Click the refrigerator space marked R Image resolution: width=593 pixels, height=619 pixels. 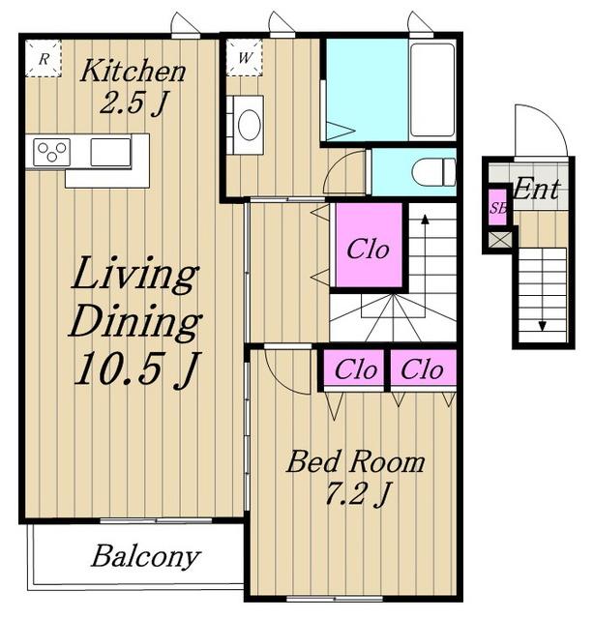[44, 58]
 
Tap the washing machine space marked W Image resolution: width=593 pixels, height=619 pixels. [245, 58]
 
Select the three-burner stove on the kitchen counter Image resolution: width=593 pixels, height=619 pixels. [51, 152]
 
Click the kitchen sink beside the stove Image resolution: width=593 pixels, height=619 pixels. [110, 152]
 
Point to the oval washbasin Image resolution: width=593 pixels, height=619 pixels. [250, 125]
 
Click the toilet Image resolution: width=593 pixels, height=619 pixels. [433, 172]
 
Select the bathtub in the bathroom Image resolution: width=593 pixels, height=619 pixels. [432, 90]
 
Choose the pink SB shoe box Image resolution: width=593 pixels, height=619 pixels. [498, 207]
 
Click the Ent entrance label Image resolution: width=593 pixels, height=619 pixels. [537, 189]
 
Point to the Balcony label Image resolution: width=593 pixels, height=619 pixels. [146, 558]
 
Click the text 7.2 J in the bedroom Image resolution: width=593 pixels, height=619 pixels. [358, 494]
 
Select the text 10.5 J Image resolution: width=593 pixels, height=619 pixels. [136, 368]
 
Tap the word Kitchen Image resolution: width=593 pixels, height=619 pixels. [133, 71]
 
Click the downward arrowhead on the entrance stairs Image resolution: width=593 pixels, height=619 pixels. [543, 326]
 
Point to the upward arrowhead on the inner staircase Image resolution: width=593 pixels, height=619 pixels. [425, 220]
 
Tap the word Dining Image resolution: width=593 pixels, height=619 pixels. [135, 322]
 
